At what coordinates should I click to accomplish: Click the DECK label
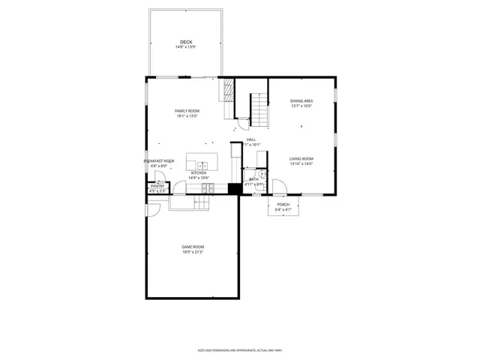186,41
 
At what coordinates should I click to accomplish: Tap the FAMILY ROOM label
187,111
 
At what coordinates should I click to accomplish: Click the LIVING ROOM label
301,158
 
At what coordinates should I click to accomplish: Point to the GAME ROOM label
193,247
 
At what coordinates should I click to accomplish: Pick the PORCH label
283,204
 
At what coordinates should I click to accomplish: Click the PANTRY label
157,186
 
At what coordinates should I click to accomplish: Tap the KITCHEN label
198,172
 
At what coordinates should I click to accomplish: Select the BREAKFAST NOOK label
159,160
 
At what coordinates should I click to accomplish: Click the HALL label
251,139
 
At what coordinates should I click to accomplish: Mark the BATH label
253,179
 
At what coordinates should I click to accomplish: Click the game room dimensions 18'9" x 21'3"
193,253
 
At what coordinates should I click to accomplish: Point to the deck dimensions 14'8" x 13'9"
186,47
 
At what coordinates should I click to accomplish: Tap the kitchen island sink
202,164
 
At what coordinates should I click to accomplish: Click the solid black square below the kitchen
234,189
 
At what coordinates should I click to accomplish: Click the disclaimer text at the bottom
239,349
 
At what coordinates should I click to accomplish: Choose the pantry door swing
160,176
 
